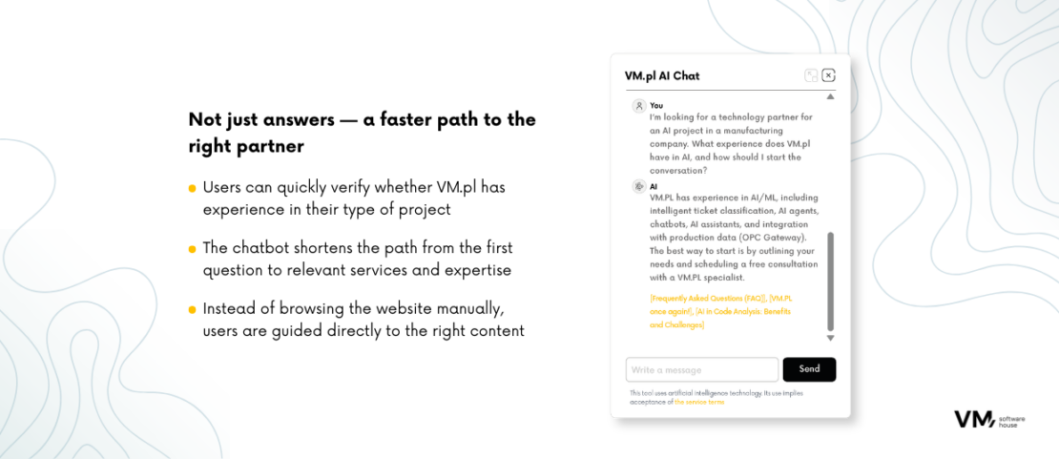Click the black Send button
tap(809, 369)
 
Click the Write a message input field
tap(702, 369)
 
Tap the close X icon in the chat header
tap(829, 75)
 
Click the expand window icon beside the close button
tap(811, 75)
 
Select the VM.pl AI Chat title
tap(662, 75)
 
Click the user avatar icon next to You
tap(638, 106)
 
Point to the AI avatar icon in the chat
tap(638, 187)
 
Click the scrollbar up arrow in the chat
tap(831, 96)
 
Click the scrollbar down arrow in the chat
tap(831, 338)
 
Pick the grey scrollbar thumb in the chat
tap(831, 282)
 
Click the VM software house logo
tap(989, 419)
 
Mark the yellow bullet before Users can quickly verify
tap(193, 188)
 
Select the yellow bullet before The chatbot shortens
tap(193, 249)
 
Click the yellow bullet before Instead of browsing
tap(193, 309)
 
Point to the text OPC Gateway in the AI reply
tap(777, 238)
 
